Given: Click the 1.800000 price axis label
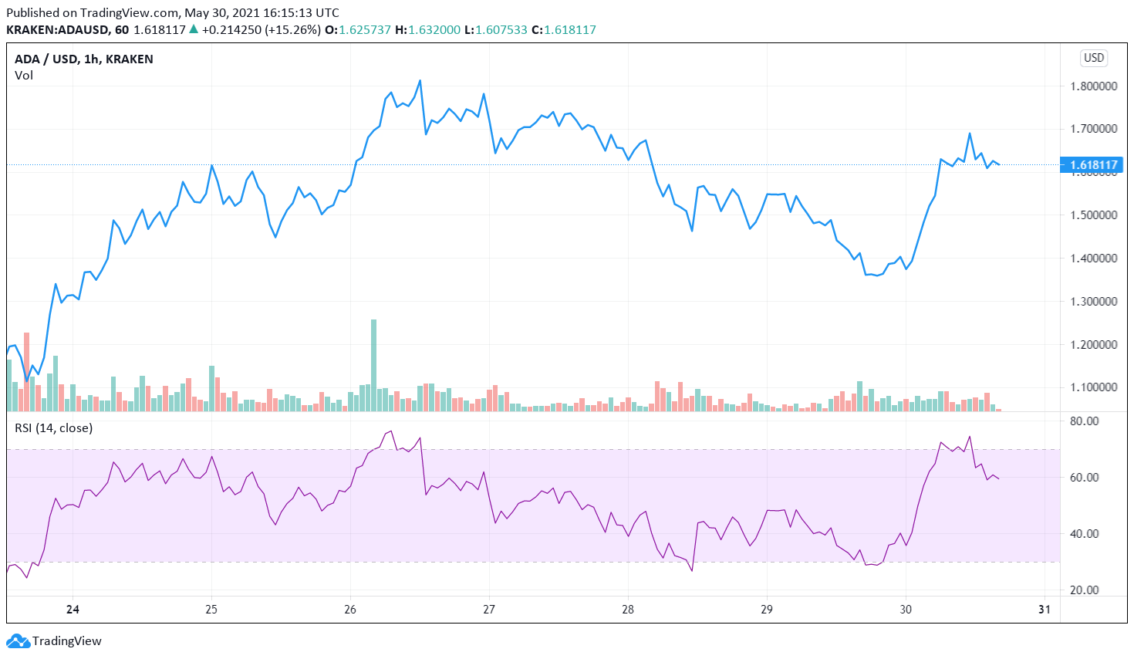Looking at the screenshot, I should pos(1093,86).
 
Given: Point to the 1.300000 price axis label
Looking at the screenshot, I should pos(1093,302).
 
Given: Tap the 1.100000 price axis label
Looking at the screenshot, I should pos(1093,387).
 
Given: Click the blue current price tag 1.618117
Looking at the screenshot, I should pos(1093,165).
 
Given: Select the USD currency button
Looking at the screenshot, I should pos(1094,58).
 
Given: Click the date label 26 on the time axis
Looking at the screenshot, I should pos(350,610).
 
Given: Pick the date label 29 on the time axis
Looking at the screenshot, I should pos(767,610).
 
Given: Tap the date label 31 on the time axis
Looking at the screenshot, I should pos(1045,610).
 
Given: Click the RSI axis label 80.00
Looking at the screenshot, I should pos(1085,421).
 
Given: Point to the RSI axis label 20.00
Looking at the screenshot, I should pos(1085,590).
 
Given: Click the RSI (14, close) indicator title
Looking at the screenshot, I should pos(53,428).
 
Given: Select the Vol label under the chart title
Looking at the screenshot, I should pos(24,76).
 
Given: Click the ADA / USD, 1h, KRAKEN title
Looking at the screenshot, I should pos(83,59).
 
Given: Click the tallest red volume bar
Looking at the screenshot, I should pos(26,370).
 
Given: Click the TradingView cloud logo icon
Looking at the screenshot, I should pos(18,641).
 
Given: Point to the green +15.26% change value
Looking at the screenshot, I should pos(293,30).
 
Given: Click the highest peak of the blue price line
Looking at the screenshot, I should pos(420,80).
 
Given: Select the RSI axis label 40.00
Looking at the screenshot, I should pos(1085,534).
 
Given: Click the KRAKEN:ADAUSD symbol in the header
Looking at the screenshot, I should pos(58,30).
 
